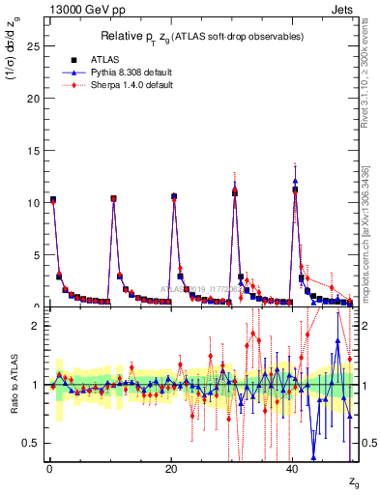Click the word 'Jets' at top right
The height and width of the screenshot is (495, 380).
click(x=345, y=9)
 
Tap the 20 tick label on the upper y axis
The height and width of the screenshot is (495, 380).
click(x=33, y=99)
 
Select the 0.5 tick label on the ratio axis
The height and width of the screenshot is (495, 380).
click(x=31, y=443)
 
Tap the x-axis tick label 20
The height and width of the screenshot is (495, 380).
click(x=171, y=470)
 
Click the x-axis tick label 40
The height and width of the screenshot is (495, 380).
click(x=293, y=470)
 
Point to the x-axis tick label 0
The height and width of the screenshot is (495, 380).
click(x=49, y=470)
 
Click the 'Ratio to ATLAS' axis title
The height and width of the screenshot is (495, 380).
click(x=12, y=385)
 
